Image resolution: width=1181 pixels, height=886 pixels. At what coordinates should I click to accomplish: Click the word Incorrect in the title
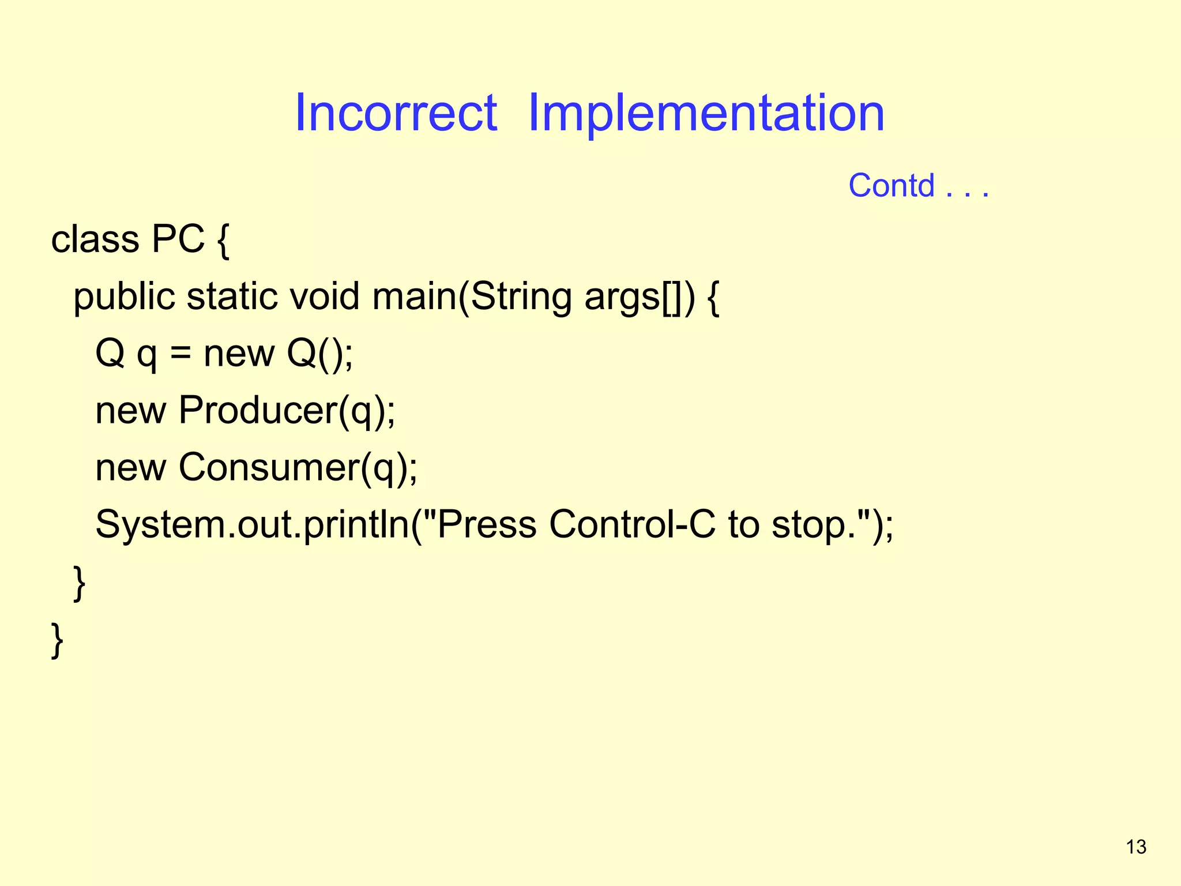point(396,113)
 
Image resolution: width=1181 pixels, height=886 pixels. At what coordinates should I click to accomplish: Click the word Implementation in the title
point(706,113)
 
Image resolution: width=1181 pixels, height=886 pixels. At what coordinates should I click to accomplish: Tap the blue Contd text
point(892,186)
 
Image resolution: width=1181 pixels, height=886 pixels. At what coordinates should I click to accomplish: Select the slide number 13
point(1136,847)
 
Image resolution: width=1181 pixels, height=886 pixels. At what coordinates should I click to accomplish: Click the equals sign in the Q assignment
point(180,354)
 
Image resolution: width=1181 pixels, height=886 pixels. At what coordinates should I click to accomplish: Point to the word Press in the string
point(487,524)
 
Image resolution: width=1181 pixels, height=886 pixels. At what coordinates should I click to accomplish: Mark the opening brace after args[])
point(713,298)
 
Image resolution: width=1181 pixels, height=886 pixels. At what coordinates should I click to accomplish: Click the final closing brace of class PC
point(57,640)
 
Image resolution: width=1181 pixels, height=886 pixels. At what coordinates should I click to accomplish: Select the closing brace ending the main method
point(80,583)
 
